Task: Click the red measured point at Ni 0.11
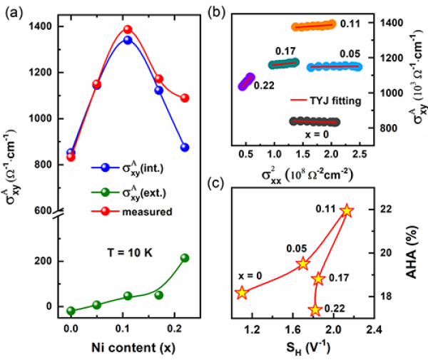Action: coord(128,30)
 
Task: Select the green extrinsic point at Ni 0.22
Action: coord(185,257)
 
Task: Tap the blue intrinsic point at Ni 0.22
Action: coord(185,147)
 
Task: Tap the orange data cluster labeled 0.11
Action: coord(313,26)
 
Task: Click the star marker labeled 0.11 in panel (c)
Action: coord(347,210)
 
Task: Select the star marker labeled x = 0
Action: coord(242,292)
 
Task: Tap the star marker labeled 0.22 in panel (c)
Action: coord(315,309)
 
